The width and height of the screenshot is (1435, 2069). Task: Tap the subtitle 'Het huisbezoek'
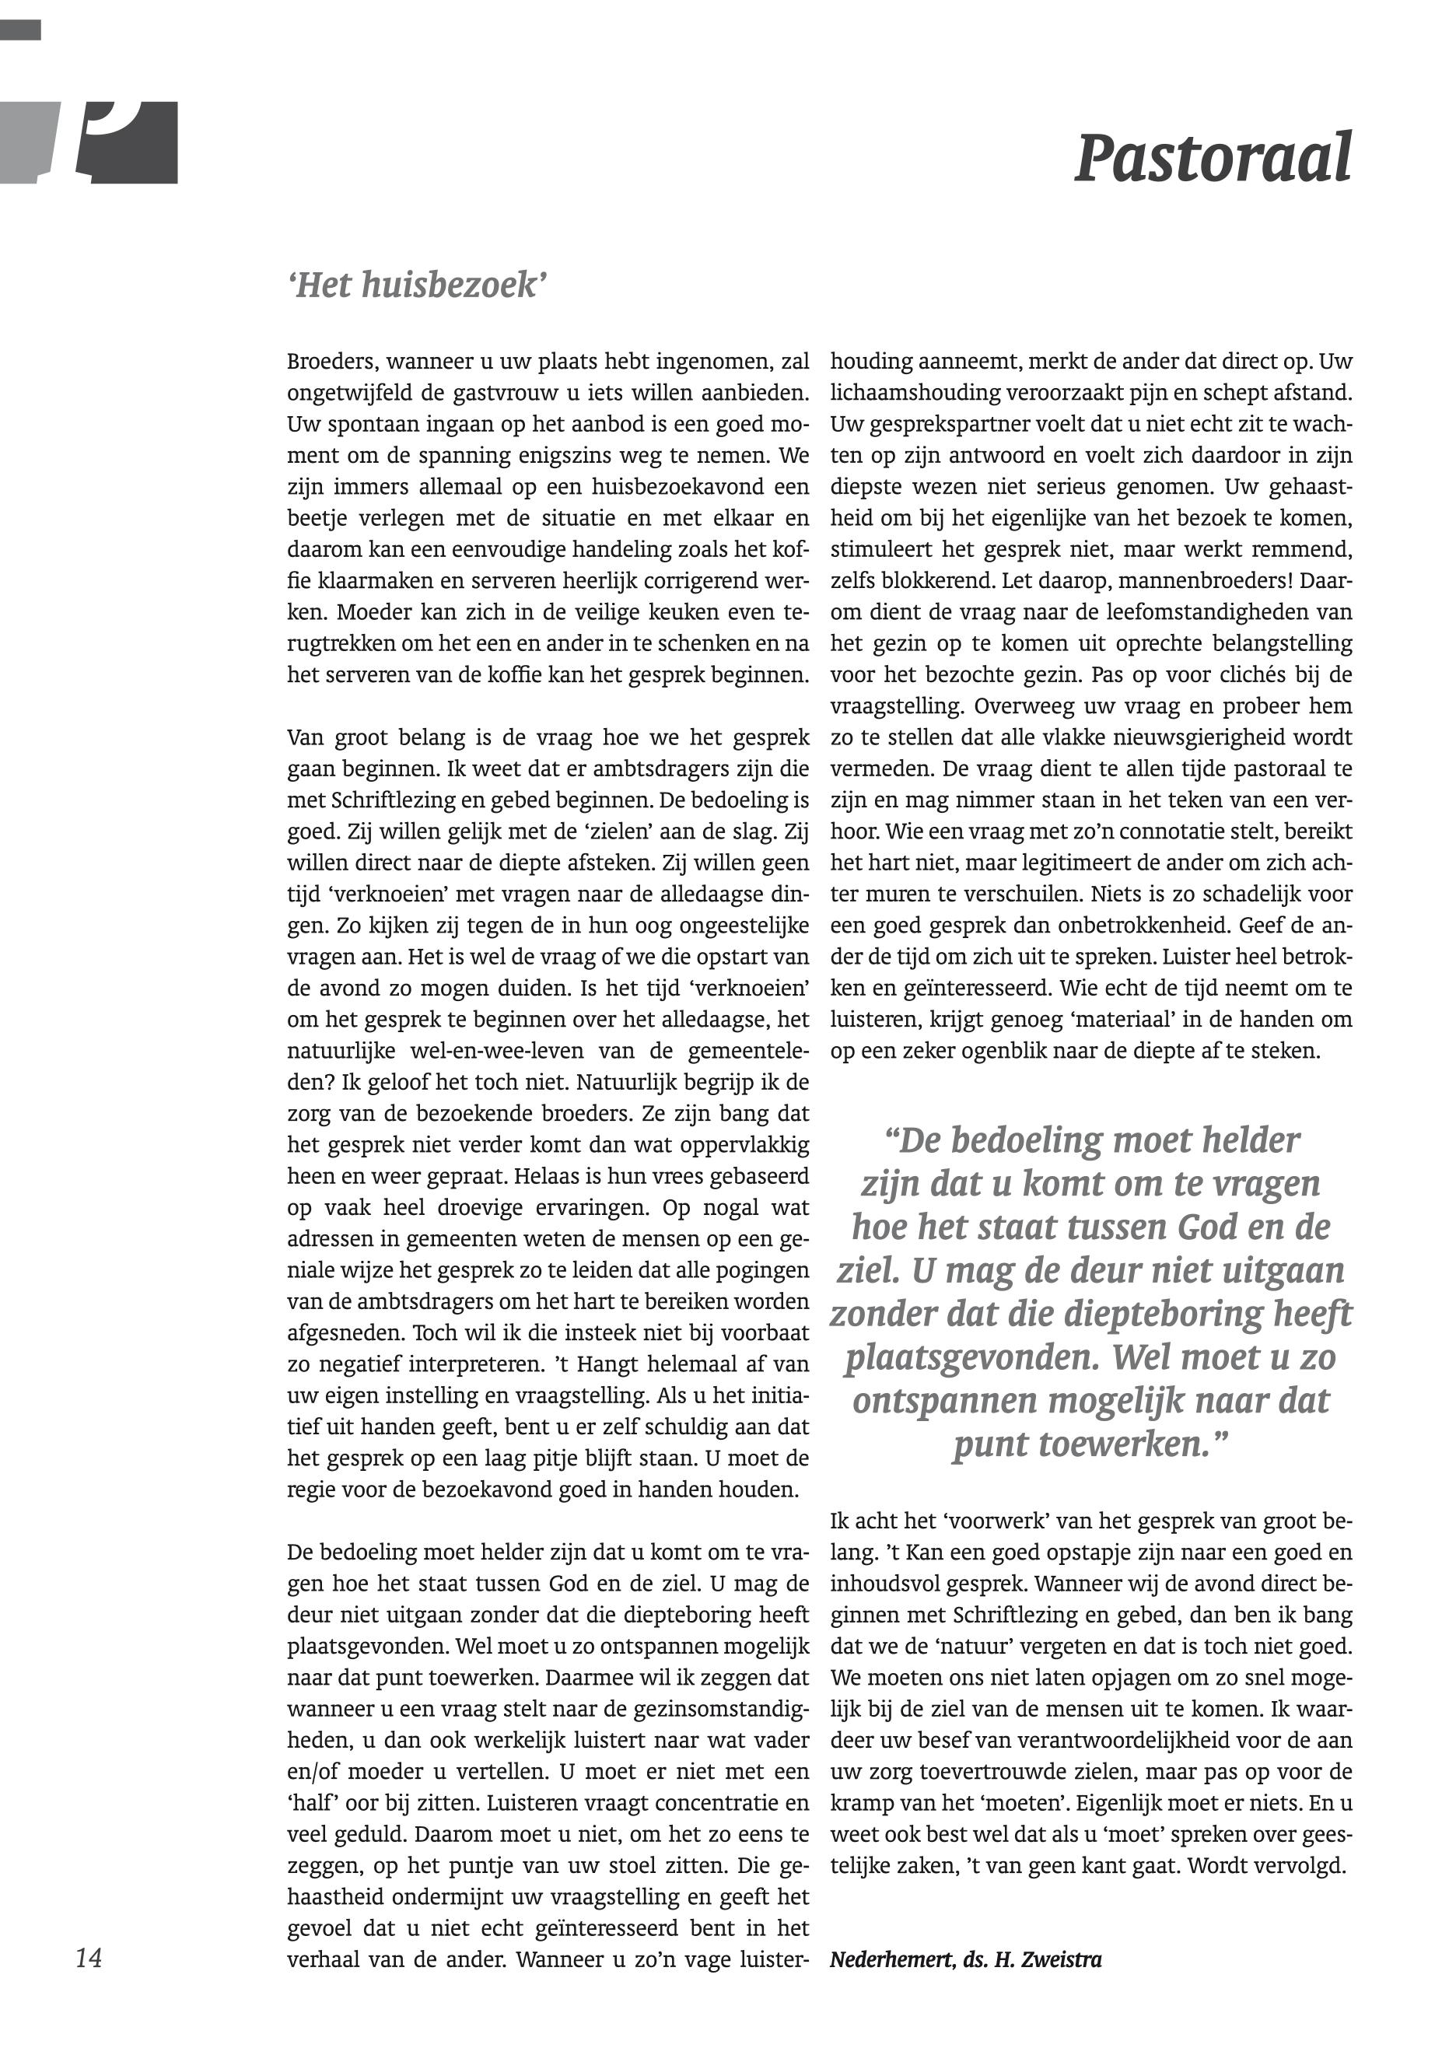click(x=418, y=286)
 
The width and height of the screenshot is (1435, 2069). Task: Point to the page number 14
click(x=89, y=1958)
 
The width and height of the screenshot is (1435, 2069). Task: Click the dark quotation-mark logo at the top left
click(x=126, y=142)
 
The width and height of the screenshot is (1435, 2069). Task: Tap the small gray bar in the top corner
click(x=19, y=30)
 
